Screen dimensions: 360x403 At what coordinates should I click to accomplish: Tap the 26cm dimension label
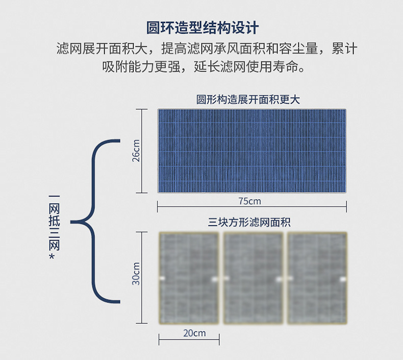(x=136, y=151)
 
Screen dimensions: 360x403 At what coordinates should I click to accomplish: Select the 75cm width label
(x=249, y=201)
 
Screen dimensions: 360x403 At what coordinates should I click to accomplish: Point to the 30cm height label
(x=136, y=274)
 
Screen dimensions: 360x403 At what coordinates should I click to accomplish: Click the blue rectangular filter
(x=252, y=151)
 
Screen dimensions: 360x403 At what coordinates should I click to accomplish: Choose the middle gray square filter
(x=254, y=278)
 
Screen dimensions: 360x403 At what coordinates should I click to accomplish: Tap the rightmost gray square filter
(x=317, y=278)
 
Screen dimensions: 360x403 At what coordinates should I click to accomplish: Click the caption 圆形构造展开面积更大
(x=248, y=100)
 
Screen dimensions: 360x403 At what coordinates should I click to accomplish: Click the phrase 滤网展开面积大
(x=102, y=50)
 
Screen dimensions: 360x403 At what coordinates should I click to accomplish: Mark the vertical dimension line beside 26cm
(x=142, y=151)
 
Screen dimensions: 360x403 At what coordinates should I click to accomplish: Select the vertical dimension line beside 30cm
(x=142, y=277)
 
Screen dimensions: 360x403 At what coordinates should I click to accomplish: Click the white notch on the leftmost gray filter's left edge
(x=162, y=279)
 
